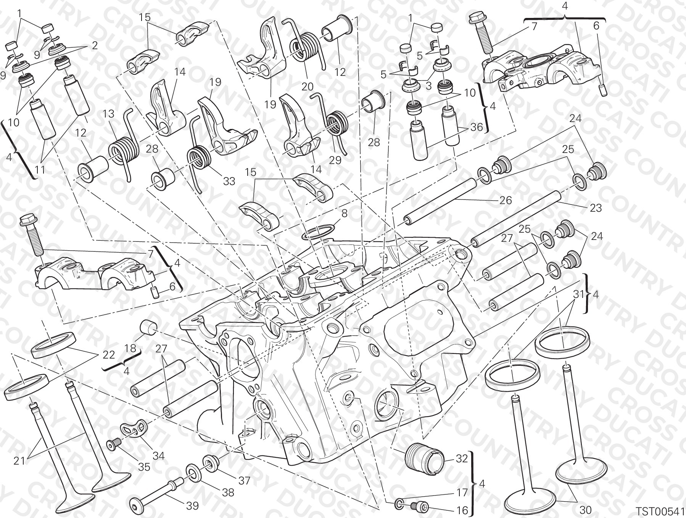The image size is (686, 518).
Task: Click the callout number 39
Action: point(192,506)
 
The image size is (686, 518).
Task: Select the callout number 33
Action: point(229,181)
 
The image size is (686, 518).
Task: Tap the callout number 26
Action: point(506,200)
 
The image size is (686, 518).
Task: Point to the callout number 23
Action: point(595,208)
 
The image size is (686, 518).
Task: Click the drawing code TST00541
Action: point(660,510)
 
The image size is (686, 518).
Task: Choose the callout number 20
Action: point(307,87)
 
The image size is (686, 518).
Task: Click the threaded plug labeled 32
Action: point(424,458)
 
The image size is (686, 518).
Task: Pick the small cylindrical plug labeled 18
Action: point(149,327)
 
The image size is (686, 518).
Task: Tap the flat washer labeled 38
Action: point(195,472)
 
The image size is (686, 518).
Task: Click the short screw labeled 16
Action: point(419,506)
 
